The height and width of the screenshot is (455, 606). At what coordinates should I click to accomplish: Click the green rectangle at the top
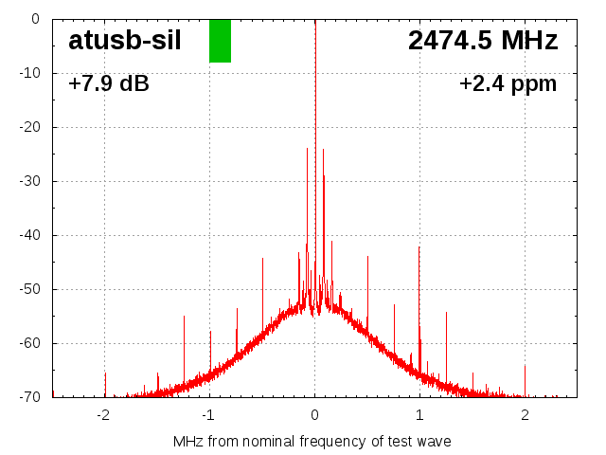[220, 41]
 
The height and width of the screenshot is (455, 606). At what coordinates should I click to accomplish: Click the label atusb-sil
[124, 40]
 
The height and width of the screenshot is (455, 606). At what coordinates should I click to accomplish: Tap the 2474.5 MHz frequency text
[483, 41]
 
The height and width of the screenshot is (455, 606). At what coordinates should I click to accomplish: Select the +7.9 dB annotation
[109, 84]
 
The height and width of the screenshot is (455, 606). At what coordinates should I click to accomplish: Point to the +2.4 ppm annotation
[508, 84]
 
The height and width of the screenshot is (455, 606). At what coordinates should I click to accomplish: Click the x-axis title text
[312, 442]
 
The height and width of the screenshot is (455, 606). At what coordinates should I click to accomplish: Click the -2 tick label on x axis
[103, 414]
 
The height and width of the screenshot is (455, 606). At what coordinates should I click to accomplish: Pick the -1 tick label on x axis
[208, 414]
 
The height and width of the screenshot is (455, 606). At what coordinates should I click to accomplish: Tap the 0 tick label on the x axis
[314, 414]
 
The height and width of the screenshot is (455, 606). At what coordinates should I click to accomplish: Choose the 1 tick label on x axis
[419, 414]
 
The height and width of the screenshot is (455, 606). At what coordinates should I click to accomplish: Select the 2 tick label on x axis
[525, 414]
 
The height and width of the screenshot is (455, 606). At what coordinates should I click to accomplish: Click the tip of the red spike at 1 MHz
[419, 246]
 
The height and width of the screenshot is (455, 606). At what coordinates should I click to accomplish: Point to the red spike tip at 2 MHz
[525, 366]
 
